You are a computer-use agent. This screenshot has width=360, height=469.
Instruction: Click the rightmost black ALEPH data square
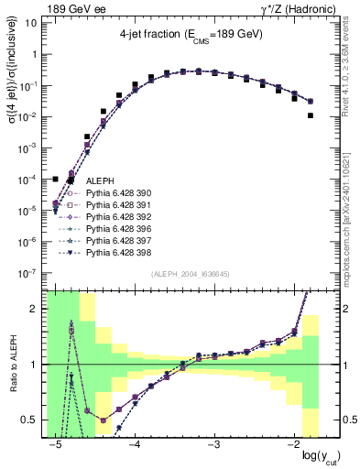311,115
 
